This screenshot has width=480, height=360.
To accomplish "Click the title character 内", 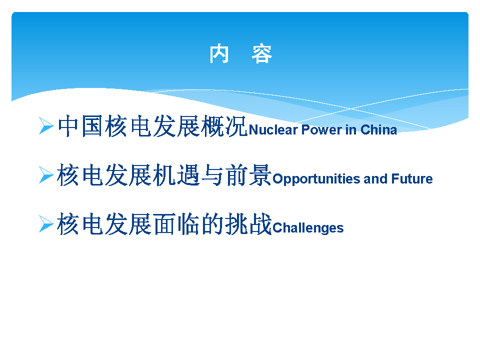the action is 219,54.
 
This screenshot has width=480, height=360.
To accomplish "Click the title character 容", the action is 261,54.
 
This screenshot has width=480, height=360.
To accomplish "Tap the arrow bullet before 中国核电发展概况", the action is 46,125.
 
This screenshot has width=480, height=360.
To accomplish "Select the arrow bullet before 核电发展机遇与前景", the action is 46,174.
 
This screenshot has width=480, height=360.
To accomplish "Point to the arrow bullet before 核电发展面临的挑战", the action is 46,223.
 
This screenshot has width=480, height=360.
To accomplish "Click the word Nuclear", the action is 273,130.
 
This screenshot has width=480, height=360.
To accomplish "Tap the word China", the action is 378,130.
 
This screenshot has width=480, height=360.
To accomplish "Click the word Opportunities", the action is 316,179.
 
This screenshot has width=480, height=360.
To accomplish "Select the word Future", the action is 412,179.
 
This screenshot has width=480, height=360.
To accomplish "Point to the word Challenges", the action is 308,228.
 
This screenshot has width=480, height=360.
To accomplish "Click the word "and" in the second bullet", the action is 375,179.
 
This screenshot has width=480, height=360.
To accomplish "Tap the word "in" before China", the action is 351,130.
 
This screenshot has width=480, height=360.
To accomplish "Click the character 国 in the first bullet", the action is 92,126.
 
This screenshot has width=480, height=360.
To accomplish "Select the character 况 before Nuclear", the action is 235,126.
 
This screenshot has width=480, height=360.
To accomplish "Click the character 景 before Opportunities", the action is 260,175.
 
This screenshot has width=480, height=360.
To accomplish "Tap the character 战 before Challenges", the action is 260,224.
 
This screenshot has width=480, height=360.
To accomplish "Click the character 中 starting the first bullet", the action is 68,126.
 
